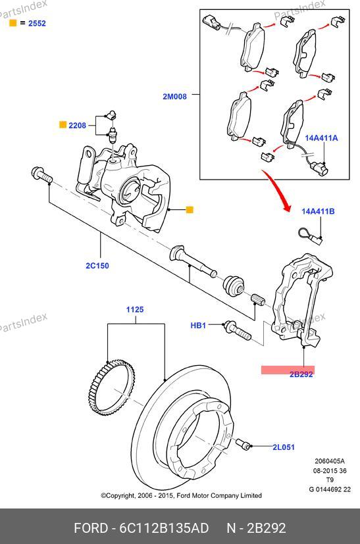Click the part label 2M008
click(174, 97)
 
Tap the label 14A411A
click(321, 138)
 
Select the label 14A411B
click(318, 211)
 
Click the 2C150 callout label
click(97, 266)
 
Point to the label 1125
click(135, 309)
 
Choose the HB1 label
click(198, 326)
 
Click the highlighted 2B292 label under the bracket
click(301, 374)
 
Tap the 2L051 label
click(284, 447)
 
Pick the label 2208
click(77, 125)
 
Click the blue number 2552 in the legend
click(37, 23)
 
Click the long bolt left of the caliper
click(41, 176)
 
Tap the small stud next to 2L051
click(243, 443)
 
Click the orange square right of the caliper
click(190, 210)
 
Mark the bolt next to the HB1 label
click(238, 330)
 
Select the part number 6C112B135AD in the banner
click(164, 528)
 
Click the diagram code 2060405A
click(330, 461)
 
